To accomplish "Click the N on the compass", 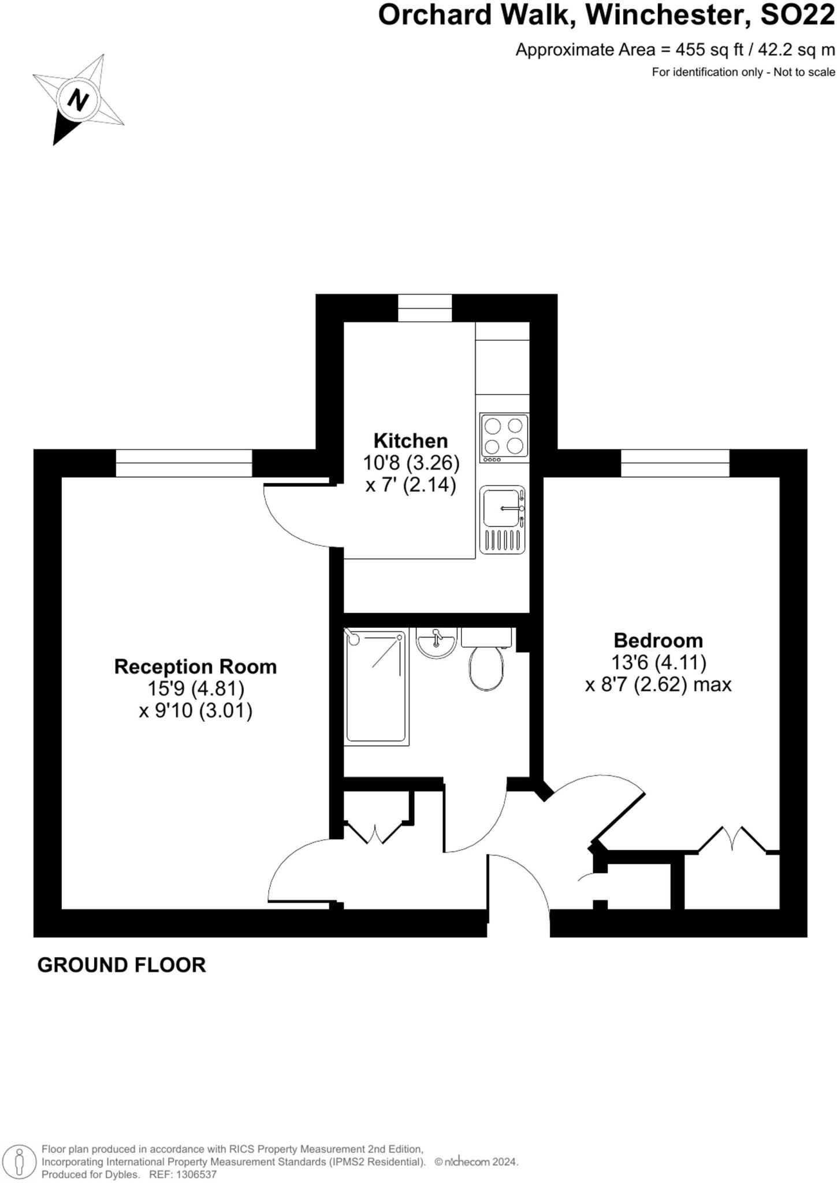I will pos(77,101).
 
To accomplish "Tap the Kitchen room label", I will pos(410,441).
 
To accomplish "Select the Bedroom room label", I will pos(658,640).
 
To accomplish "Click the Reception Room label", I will pos(195,667).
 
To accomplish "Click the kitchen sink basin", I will pos(500,508).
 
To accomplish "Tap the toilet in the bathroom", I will pos(486,667).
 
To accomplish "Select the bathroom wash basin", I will pos(437,642).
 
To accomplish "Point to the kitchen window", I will pos(425,308).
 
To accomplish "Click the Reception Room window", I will pos(184,463).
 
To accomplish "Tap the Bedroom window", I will pos(675,463).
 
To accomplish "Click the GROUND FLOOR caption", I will pos(121,965).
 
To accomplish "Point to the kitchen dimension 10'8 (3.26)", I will pos(411,463).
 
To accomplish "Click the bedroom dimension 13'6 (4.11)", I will pos(658,662).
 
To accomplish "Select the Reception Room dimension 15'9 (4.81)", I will pos(195,689).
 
